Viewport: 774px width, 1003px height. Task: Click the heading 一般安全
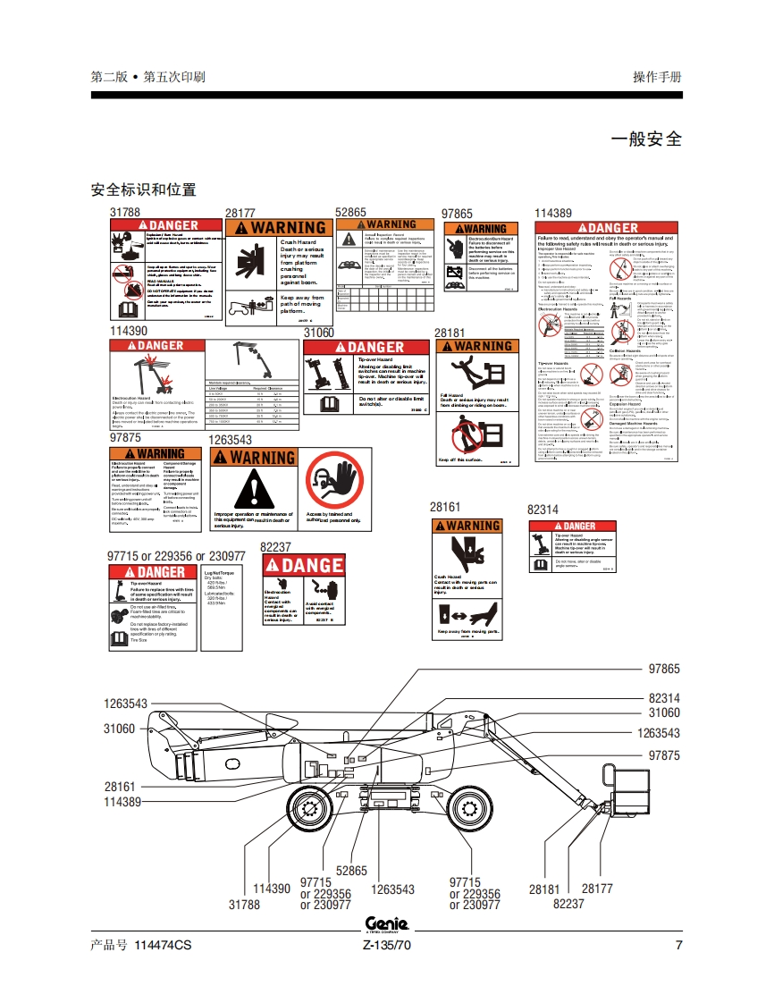tap(645, 139)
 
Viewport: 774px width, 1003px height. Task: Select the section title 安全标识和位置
tap(143, 190)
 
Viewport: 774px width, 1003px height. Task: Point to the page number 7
tap(678, 946)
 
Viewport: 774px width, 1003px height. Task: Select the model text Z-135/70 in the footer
tap(386, 946)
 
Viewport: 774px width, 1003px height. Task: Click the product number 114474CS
tap(162, 946)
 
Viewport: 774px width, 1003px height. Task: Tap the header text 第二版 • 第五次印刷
tap(147, 77)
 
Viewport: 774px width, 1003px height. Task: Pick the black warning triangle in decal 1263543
tap(253, 490)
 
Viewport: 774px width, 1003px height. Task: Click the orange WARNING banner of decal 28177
tap(276, 228)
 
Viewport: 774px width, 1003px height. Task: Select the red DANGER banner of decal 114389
tap(606, 228)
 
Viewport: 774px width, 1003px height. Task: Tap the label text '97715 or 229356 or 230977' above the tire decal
tap(176, 556)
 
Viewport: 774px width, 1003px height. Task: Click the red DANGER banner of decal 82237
tap(303, 565)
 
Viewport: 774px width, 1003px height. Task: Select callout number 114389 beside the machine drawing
tap(122, 803)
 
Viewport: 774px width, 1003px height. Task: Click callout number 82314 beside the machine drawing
tap(664, 698)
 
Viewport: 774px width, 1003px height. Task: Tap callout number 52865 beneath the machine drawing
tap(351, 871)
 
